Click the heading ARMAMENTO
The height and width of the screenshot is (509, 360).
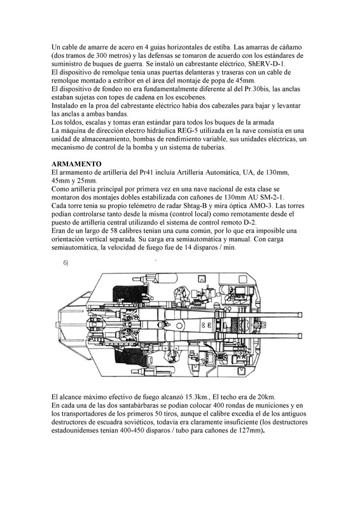click(76, 164)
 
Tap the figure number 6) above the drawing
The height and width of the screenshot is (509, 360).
click(66, 263)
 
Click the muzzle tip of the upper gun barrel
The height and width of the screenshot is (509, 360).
click(301, 315)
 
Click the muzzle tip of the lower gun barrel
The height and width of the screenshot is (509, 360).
click(301, 336)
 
